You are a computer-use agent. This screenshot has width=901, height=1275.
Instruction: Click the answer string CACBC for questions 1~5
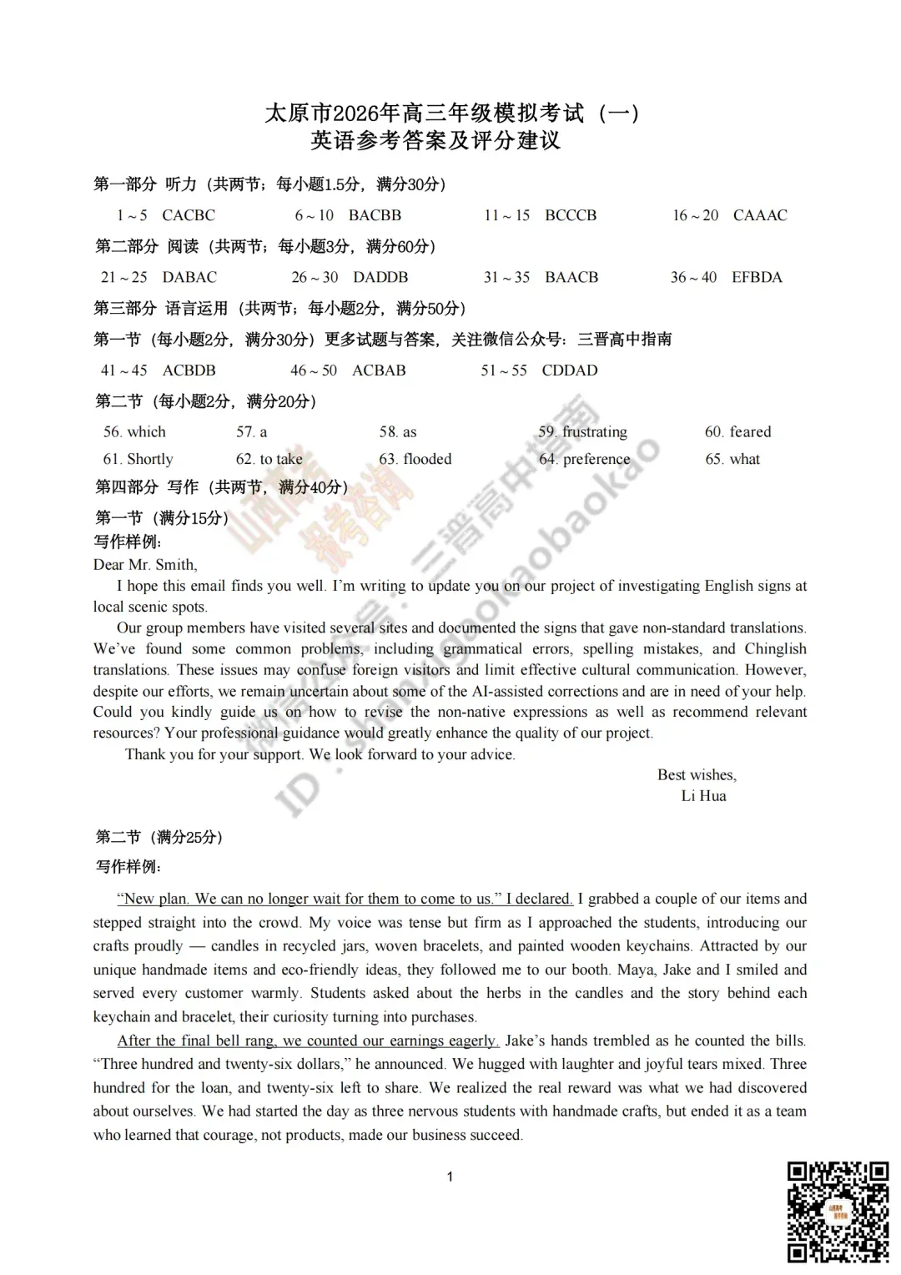coord(189,215)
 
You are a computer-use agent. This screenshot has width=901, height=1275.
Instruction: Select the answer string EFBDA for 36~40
coord(757,277)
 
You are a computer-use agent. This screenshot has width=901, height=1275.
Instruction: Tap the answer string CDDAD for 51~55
coord(570,370)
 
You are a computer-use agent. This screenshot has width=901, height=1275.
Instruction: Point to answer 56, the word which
coord(147,431)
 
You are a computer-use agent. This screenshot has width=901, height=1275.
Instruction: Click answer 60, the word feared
coord(750,431)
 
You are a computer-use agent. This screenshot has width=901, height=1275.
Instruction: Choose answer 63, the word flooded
coord(427,459)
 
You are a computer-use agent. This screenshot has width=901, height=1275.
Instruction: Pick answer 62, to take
coord(281,459)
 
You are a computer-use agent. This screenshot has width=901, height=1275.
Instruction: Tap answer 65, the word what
coord(745,459)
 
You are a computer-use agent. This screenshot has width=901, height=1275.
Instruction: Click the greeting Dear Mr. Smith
coord(145,565)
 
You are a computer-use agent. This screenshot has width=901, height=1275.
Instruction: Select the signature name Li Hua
coord(703,796)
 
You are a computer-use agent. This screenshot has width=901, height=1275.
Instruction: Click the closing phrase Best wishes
coord(697,775)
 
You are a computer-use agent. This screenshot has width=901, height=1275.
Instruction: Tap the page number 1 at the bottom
coord(450,1177)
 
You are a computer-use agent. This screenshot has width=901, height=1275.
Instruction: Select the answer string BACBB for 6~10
coord(375,215)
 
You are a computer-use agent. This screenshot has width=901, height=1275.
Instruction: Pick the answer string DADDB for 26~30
coord(380,277)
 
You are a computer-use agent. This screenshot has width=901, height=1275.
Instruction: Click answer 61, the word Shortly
coord(150,459)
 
